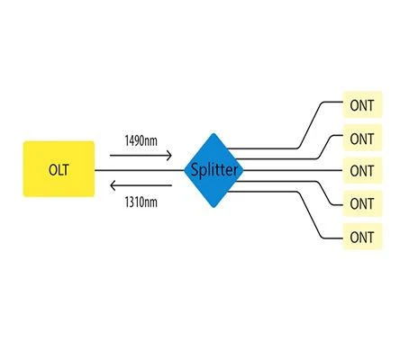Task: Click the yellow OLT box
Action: click(x=59, y=169)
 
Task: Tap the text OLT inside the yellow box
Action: click(x=59, y=170)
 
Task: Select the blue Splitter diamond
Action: click(x=214, y=170)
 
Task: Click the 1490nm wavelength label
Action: click(x=141, y=140)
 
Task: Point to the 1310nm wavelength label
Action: click(x=141, y=202)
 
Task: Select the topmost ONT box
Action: click(x=362, y=104)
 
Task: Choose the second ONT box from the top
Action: click(x=362, y=138)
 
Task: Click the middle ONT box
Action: click(x=362, y=170)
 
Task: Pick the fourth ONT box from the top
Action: click(x=362, y=203)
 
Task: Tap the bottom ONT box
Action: click(x=362, y=237)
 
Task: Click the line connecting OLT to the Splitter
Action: click(x=140, y=170)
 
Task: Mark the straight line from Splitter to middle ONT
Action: click(x=293, y=170)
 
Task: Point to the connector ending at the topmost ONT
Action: click(x=309, y=126)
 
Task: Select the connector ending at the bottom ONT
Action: click(x=309, y=214)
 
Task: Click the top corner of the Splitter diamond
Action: click(x=214, y=133)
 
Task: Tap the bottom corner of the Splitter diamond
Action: click(x=214, y=208)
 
